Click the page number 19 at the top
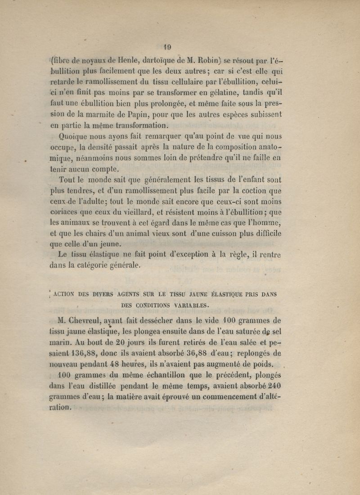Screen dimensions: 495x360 click(167, 45)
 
